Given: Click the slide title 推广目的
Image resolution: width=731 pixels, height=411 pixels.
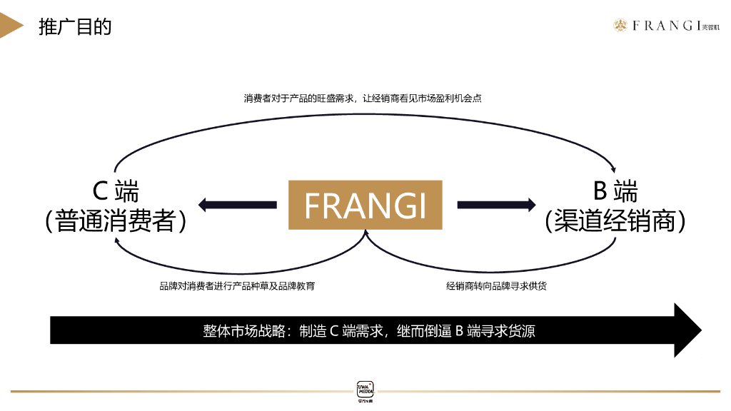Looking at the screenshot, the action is tap(75, 27).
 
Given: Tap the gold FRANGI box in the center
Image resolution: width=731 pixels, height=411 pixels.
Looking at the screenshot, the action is tap(365, 205).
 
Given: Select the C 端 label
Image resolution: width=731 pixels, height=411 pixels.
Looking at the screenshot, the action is tap(116, 191).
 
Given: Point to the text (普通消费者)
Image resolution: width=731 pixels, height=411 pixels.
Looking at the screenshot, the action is tap(116, 221).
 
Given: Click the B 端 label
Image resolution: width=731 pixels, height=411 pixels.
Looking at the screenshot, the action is tap(615, 191).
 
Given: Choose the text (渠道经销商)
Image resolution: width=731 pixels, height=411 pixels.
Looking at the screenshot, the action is tap(615, 221).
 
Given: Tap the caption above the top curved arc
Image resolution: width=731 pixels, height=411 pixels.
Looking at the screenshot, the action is tap(363, 98).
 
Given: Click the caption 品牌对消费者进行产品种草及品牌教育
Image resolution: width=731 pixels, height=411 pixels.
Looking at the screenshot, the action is tap(237, 286).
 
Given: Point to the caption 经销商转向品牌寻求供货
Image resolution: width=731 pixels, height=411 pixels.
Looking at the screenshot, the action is tap(497, 286).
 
